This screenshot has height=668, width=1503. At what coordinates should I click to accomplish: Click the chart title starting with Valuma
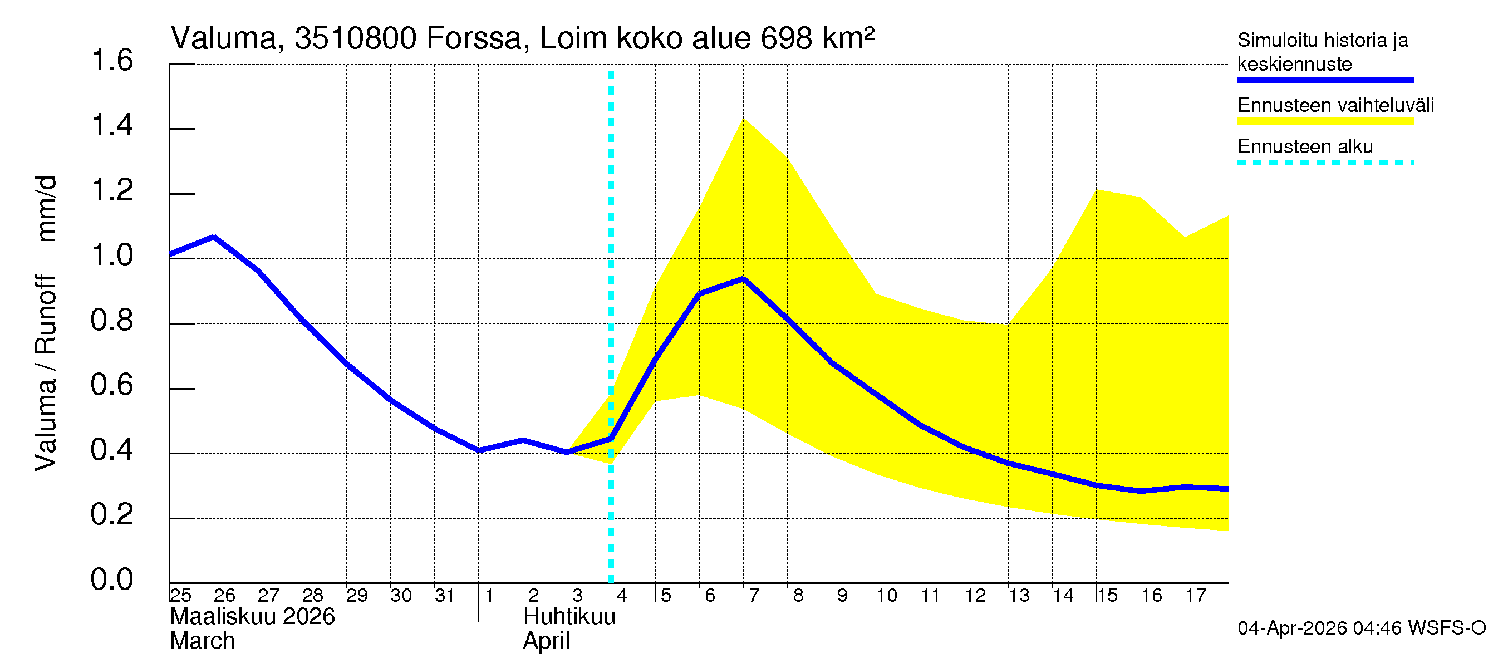coord(522,38)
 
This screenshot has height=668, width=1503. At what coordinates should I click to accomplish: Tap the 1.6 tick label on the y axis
coord(112,61)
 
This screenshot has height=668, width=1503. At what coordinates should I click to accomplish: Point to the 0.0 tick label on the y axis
coord(112,579)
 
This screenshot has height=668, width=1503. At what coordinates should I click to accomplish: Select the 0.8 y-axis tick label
coord(112,320)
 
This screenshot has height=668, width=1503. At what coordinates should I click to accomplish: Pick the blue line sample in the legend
coord(1325,80)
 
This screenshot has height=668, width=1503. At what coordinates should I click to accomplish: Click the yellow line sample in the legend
coord(1325,121)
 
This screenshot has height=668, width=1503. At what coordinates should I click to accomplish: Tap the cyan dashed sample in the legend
coord(1325,162)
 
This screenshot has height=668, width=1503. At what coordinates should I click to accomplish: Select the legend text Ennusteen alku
coord(1305,146)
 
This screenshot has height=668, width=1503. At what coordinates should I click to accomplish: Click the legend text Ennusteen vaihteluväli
coord(1335,106)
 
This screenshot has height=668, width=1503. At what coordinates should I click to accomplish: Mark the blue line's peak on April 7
coord(743,279)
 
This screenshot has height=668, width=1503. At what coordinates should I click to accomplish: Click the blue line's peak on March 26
coord(214,236)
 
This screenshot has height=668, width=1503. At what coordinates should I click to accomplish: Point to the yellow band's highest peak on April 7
coord(743,119)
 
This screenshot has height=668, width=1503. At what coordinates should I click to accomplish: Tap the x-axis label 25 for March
coord(181,596)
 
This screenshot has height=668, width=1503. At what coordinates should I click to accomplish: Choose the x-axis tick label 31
coord(445,596)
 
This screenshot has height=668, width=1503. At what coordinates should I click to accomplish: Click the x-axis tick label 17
coord(1196,596)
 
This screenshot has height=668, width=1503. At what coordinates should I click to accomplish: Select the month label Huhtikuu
coord(569,617)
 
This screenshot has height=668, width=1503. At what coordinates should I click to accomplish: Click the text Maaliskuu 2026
coord(252,617)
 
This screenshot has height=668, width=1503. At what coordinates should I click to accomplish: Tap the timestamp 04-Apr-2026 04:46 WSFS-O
coord(1361,628)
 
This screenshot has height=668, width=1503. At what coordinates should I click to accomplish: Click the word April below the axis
coord(546,641)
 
